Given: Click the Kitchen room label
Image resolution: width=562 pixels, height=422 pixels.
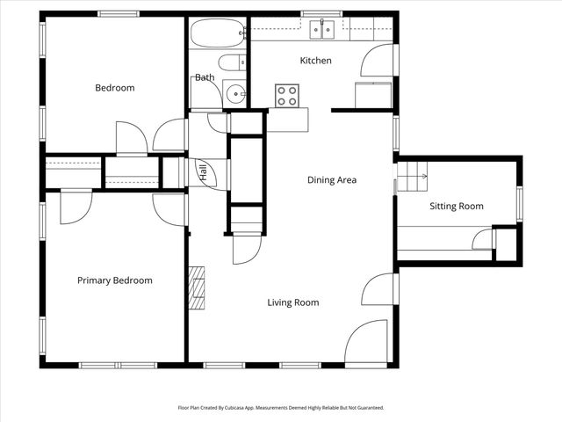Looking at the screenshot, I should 316,61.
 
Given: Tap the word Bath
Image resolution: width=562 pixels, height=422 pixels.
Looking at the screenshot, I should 205,77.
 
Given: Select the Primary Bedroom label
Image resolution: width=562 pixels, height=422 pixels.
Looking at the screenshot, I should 114,280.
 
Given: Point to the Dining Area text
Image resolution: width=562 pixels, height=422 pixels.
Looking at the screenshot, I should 331,180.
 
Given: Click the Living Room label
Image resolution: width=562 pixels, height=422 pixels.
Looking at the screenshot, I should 292,302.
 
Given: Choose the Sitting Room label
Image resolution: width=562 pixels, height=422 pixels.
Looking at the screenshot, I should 456,207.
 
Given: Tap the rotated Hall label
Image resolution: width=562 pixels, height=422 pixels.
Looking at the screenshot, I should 203,172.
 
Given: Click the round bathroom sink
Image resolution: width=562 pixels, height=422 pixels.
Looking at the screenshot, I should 234,93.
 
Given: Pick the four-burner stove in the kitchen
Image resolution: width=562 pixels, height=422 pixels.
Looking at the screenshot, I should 287,95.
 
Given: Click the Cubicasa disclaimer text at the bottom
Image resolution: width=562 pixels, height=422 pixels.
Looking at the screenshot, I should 281,408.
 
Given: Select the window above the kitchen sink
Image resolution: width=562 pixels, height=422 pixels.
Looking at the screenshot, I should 321,14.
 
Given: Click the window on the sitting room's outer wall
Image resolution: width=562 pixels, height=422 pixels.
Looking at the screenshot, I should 519,203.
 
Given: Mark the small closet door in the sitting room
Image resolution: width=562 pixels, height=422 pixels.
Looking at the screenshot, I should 483,239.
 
